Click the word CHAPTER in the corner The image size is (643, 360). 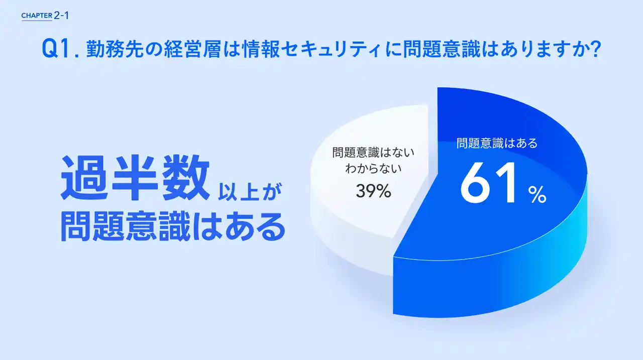[x=37, y=16]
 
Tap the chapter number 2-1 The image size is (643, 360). [x=61, y=16]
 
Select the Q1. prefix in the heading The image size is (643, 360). [x=60, y=49]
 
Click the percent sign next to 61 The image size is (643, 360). [x=538, y=194]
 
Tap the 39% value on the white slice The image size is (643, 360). [x=373, y=191]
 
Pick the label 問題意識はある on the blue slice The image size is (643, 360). [x=497, y=143]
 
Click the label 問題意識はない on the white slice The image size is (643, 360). [x=373, y=152]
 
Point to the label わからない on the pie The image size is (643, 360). [x=373, y=168]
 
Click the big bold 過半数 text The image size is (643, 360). [x=135, y=178]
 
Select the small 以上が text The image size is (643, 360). [x=250, y=192]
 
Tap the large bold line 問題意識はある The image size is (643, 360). [x=173, y=226]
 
